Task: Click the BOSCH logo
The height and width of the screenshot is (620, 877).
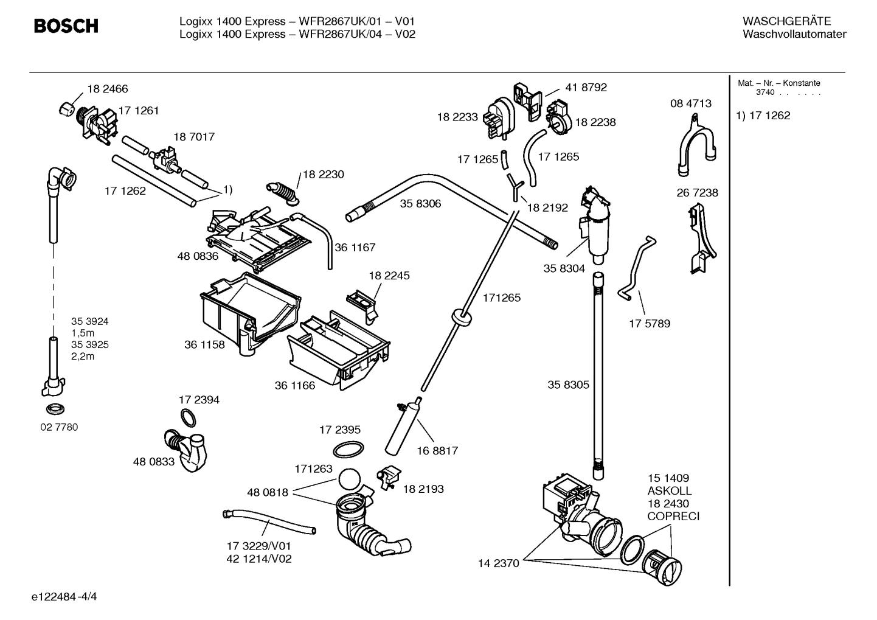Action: [66, 26]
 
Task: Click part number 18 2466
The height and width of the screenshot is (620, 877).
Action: [107, 89]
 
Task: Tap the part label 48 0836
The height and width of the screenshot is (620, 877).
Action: [198, 256]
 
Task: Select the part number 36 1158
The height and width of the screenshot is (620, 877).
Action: [204, 344]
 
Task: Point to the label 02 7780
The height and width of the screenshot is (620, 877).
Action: [59, 427]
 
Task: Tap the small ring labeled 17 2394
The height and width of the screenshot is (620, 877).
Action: [189, 417]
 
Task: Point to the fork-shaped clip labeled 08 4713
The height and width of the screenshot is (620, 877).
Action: [695, 144]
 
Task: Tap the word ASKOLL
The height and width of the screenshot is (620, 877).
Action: [669, 491]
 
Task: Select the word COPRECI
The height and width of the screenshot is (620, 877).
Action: [673, 517]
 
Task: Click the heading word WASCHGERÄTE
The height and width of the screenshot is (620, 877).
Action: [786, 21]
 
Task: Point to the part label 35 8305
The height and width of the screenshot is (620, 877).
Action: [568, 385]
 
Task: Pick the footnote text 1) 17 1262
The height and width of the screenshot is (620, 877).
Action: [763, 116]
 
